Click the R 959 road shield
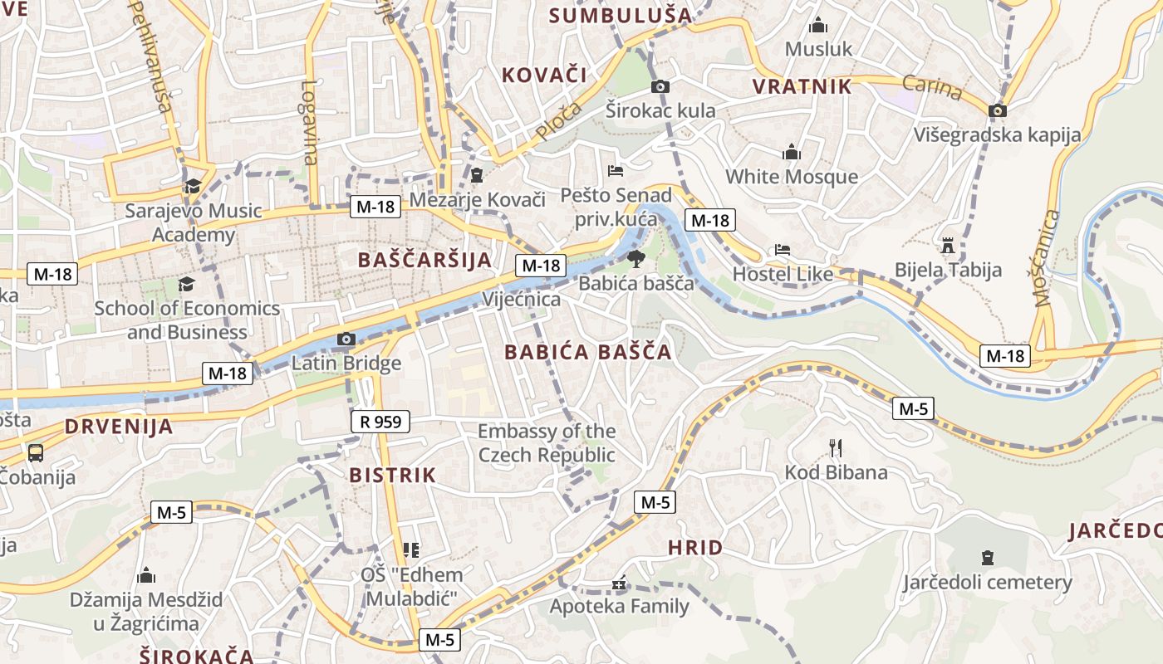coord(380,422)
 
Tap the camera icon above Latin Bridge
coord(346,339)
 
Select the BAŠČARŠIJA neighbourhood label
coord(424,260)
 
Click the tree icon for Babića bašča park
coord(635,258)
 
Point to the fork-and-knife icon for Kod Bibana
coord(836,448)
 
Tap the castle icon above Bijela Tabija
coord(947,246)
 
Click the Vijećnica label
coord(521,299)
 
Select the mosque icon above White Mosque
coord(791,152)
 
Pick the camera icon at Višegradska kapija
coord(998,110)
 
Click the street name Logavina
coord(309,122)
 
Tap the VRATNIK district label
coord(802,86)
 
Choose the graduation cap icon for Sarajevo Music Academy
coord(193,186)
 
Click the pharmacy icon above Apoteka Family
coord(618,583)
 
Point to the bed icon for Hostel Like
coord(782,249)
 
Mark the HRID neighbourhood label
coord(694,548)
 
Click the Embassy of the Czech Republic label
coord(546,443)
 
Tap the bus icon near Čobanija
coord(36,452)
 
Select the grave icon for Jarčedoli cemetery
coord(987,558)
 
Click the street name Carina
coord(932,87)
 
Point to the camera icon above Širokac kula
coord(660,86)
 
